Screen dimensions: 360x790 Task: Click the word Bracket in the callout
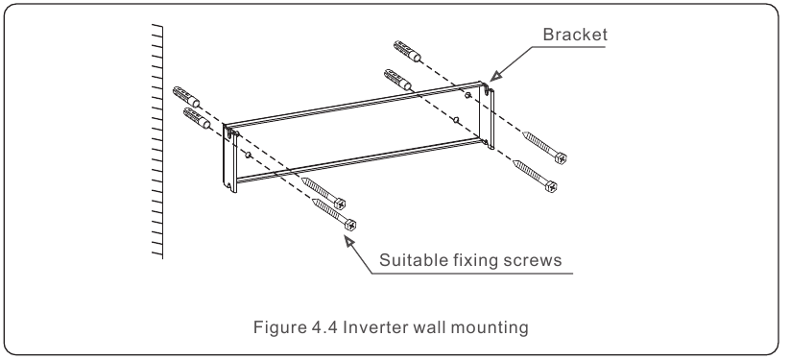[x=569, y=35]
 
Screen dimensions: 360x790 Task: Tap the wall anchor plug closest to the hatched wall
[x=186, y=97]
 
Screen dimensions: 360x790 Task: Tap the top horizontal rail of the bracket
[x=355, y=107]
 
